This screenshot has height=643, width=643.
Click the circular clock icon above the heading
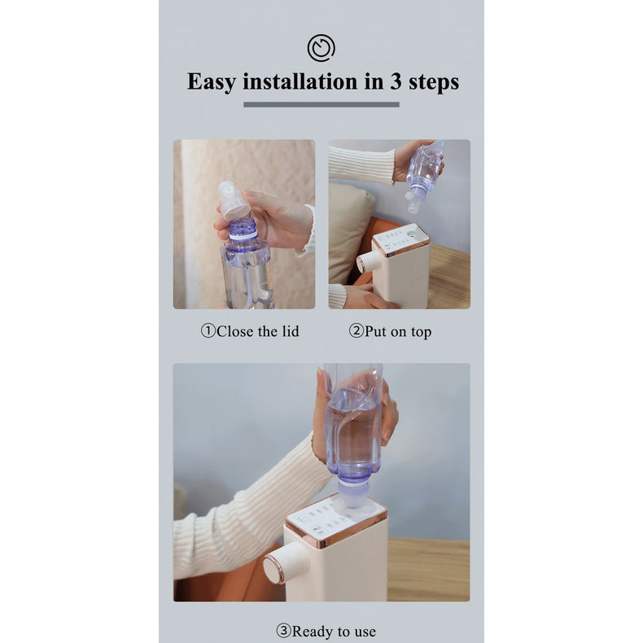(x=321, y=48)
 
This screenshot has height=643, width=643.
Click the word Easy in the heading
(x=212, y=82)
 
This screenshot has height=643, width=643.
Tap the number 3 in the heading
(x=396, y=81)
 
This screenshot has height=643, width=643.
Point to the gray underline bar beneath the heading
(x=321, y=104)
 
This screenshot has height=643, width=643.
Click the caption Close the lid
(x=257, y=331)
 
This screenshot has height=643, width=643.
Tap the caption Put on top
(x=398, y=331)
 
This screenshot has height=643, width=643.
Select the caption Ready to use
(x=334, y=631)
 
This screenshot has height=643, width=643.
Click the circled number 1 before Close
(x=208, y=330)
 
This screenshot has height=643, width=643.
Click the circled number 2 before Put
(x=356, y=330)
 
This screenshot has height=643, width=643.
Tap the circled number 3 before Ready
(x=283, y=631)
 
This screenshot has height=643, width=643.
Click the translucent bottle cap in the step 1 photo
(x=233, y=199)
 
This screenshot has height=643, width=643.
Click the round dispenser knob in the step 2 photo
(x=366, y=263)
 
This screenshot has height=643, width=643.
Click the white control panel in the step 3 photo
(x=335, y=521)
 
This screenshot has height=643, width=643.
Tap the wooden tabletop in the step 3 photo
(x=428, y=570)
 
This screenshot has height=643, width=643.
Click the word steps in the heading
(x=434, y=82)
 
